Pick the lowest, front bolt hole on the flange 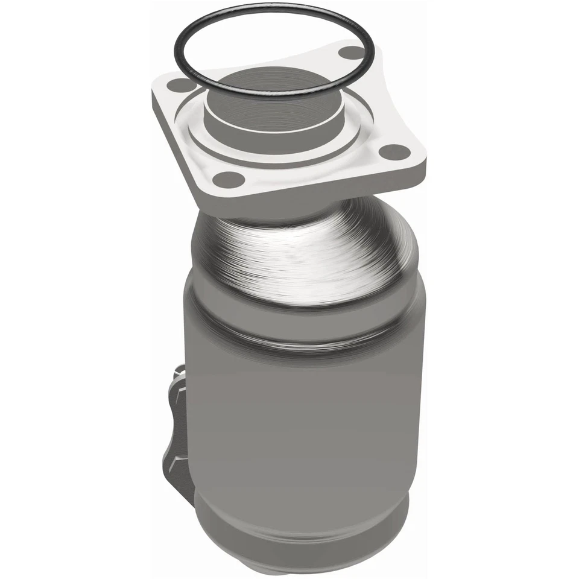tap(229, 179)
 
